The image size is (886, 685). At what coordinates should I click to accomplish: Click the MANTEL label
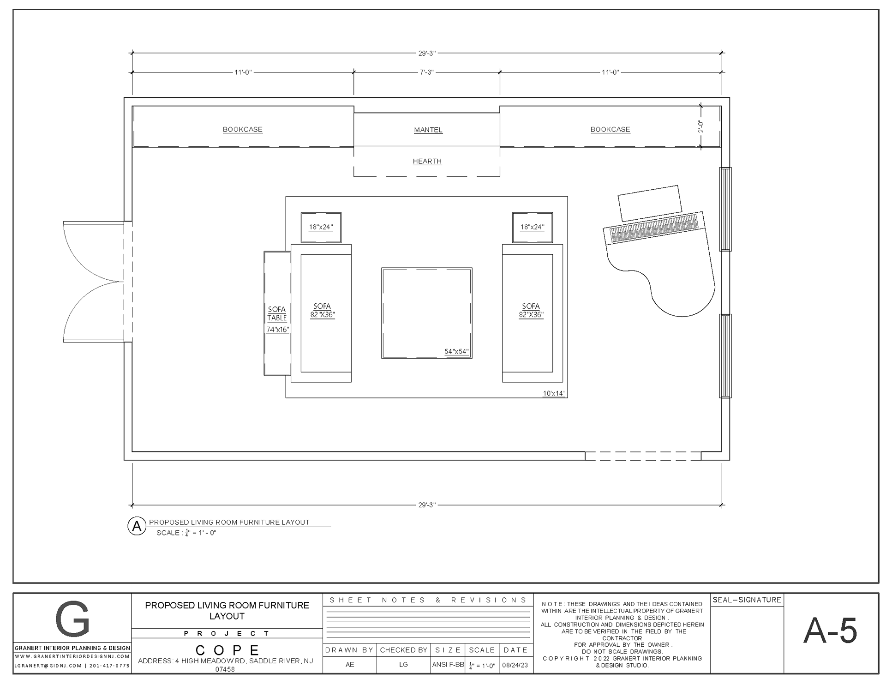(428, 130)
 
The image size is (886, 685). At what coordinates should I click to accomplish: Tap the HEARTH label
(427, 162)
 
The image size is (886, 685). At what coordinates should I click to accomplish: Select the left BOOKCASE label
(243, 130)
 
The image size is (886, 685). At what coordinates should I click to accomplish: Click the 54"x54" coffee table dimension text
(456, 352)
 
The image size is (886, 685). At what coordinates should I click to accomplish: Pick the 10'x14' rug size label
(554, 394)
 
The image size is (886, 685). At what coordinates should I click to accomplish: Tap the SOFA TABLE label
(277, 314)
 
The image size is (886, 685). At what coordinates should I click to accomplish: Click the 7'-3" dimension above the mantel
(427, 72)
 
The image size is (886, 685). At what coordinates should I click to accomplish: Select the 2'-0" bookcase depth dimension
(700, 126)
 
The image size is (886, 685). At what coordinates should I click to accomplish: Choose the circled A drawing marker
(137, 526)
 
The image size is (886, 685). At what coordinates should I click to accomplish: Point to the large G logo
(72, 619)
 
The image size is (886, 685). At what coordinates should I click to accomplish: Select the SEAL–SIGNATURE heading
(747, 600)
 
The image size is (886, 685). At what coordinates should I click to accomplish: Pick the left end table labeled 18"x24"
(321, 228)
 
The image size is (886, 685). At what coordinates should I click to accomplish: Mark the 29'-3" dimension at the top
(427, 54)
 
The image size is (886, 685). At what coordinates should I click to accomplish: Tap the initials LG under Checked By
(403, 665)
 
